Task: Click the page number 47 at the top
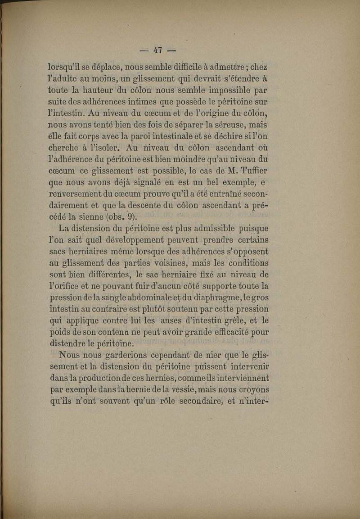pyautogui.click(x=157, y=50)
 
